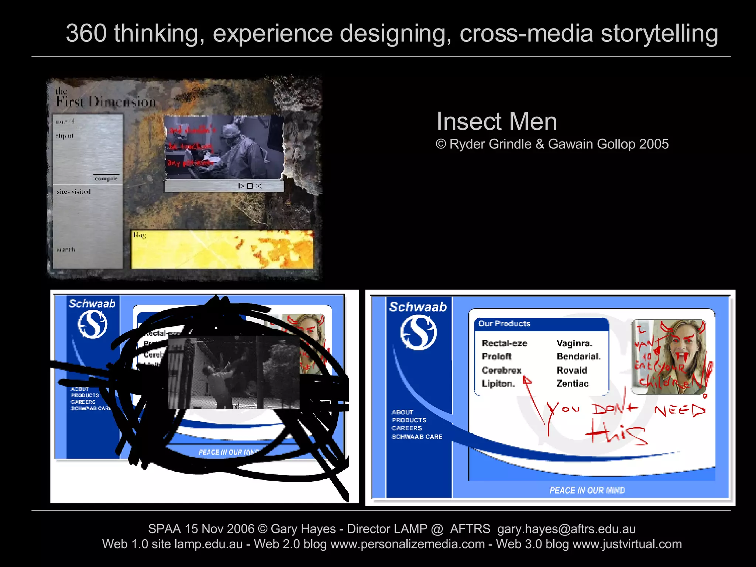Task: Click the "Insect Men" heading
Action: (496, 121)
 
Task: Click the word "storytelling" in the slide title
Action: (659, 33)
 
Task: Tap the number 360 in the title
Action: (86, 33)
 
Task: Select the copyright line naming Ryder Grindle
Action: (552, 144)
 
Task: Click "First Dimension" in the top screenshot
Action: (106, 102)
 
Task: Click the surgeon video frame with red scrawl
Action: (224, 147)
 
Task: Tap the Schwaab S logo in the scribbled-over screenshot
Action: (92, 324)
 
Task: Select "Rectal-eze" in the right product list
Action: (504, 343)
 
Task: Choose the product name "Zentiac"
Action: (573, 384)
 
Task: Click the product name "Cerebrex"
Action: (501, 370)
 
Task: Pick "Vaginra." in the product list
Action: (574, 343)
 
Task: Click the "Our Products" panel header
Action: (504, 324)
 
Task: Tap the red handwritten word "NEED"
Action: (680, 410)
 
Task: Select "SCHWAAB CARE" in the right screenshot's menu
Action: (417, 437)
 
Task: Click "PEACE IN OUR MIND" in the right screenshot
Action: (587, 490)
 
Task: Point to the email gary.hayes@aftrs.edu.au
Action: (566, 529)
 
